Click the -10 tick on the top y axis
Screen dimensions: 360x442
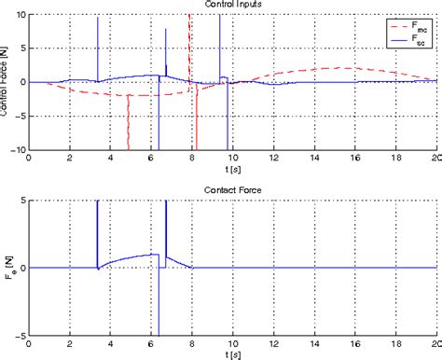(18, 149)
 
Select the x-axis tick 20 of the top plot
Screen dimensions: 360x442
(435, 159)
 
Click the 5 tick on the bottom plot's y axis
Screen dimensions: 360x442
(23, 201)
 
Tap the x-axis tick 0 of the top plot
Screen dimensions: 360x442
(30, 159)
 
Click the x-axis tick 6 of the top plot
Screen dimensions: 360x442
(151, 159)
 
